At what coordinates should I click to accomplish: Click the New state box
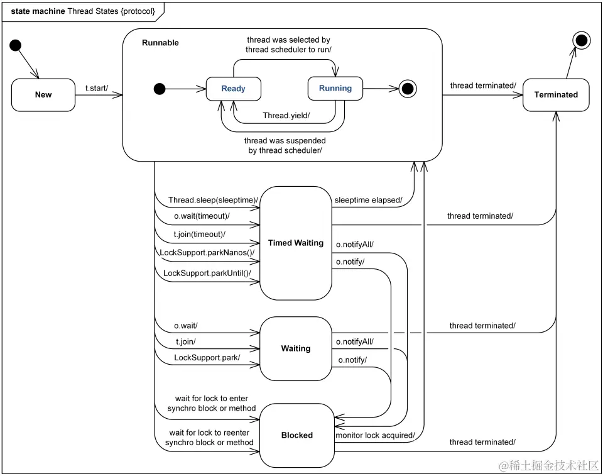[x=43, y=94]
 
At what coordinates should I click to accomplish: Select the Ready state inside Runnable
[x=234, y=89]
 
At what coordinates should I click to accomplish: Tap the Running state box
[x=335, y=89]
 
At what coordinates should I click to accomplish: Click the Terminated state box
[x=556, y=94]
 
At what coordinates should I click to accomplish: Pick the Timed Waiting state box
[x=296, y=243]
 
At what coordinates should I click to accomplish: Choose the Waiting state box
[x=296, y=348]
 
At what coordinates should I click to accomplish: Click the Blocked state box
[x=297, y=435]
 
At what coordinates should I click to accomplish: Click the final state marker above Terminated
[x=582, y=41]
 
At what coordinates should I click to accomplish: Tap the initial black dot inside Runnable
[x=160, y=89]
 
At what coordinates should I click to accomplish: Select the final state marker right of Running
[x=409, y=89]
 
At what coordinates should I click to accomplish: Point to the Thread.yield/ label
[x=286, y=116]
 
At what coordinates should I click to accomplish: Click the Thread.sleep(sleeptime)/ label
[x=213, y=200]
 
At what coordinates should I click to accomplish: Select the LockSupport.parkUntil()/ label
[x=207, y=273]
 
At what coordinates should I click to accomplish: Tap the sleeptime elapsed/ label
[x=368, y=200]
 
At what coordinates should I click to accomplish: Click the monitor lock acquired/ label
[x=375, y=435]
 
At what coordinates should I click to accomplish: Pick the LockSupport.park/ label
[x=207, y=358]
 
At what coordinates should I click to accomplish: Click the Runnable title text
[x=160, y=43]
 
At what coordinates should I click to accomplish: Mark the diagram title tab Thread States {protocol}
[x=83, y=11]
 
